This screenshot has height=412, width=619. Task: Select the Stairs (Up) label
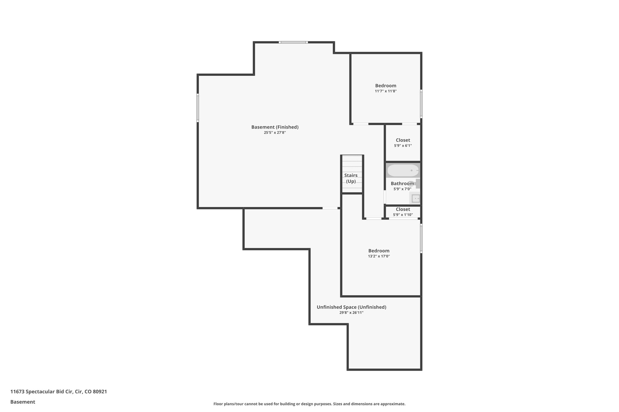coord(351,178)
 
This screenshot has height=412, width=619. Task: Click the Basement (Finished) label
coord(275,127)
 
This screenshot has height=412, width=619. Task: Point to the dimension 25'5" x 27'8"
coord(275,133)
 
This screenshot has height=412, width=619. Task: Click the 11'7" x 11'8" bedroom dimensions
coord(386,91)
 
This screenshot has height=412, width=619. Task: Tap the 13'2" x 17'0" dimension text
coord(379,256)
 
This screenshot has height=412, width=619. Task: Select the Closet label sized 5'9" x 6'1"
coord(403,140)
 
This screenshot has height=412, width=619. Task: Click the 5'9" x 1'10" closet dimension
coord(403,215)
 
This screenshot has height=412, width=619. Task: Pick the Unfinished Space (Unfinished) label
coord(351,307)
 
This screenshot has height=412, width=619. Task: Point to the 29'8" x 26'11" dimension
coord(351,313)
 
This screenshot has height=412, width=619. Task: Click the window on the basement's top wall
coord(293,42)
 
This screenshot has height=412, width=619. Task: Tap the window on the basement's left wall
coord(198,108)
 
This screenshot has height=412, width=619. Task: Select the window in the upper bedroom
coord(421,104)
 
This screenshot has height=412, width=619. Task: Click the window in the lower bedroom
coord(421,238)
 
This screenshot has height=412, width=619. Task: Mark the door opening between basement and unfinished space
coord(330,208)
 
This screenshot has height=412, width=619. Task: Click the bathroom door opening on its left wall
coord(385,197)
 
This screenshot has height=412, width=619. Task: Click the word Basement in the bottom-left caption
coord(23,402)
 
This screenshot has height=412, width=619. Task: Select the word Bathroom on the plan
coord(402,184)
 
